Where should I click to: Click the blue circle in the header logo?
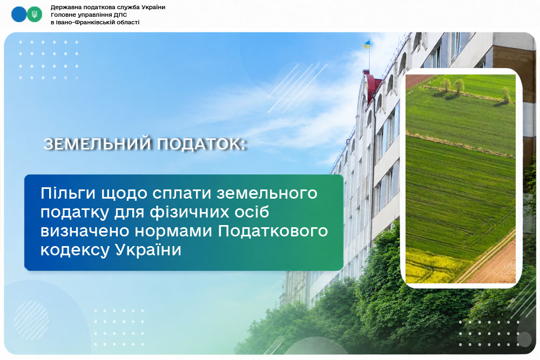(19, 15)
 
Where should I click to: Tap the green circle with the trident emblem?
(35, 15)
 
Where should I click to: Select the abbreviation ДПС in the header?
(120, 15)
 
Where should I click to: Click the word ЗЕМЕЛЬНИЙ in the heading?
(97, 144)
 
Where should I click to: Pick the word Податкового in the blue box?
(273, 230)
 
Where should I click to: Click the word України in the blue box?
(148, 249)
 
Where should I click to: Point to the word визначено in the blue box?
(85, 231)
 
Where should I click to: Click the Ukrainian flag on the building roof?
(366, 44)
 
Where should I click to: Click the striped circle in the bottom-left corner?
(31, 320)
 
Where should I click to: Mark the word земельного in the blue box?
(267, 193)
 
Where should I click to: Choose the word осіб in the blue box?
(252, 212)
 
